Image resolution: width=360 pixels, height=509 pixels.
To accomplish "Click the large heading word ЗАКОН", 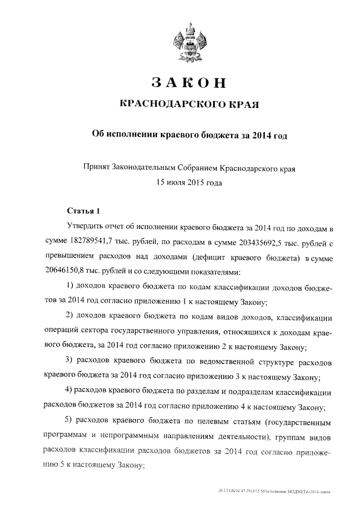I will click(189, 83).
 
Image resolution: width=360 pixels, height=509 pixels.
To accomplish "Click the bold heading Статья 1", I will click(83, 211).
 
